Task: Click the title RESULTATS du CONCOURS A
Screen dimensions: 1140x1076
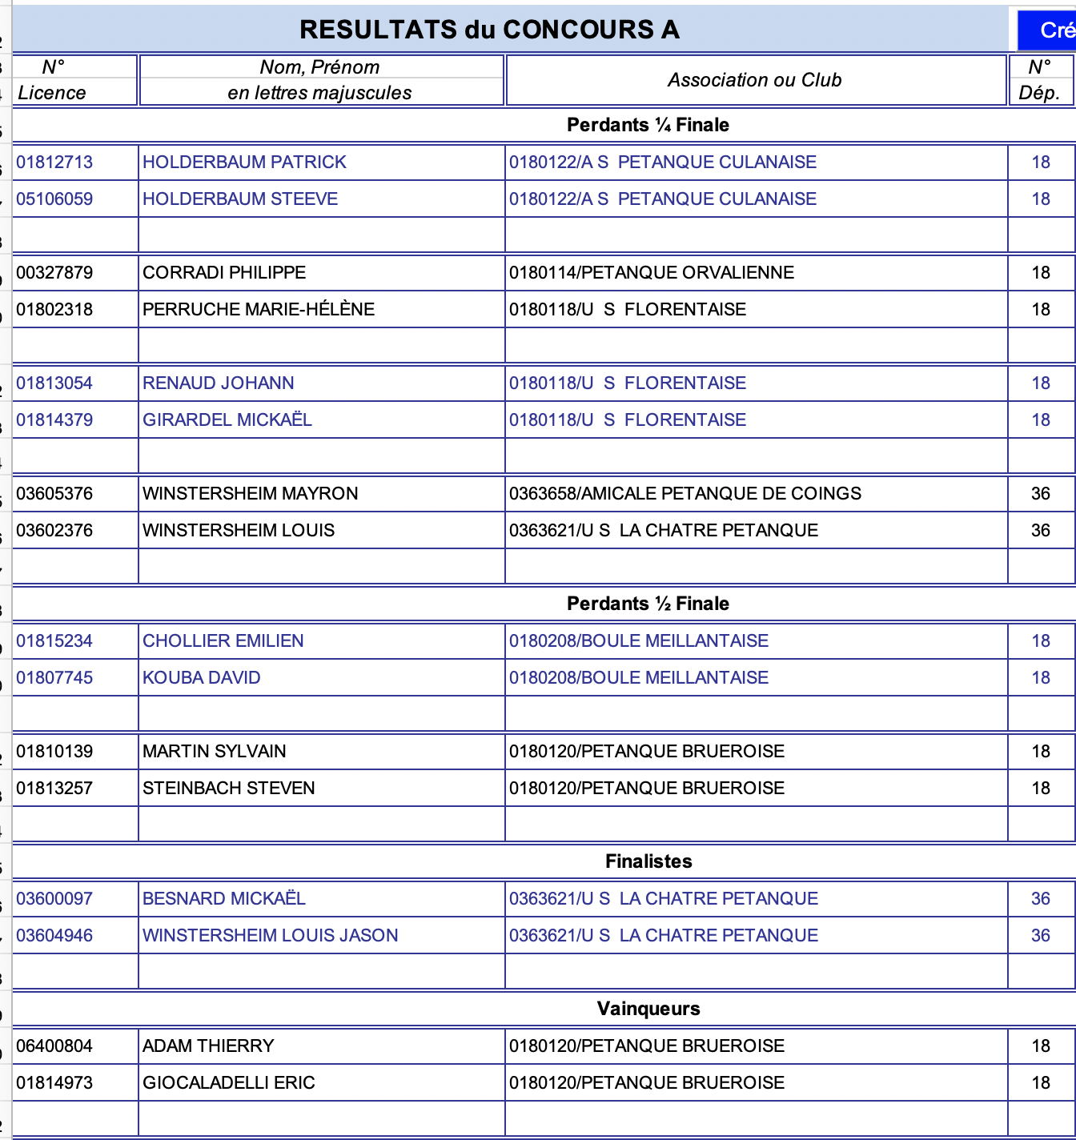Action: (489, 30)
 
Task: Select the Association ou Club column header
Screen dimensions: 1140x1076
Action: (754, 80)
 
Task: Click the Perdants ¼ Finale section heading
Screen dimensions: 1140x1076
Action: (648, 125)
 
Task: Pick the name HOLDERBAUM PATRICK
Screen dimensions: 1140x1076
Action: (244, 163)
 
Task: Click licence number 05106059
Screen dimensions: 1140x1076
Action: (54, 199)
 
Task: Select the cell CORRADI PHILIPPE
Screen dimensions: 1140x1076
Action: (224, 273)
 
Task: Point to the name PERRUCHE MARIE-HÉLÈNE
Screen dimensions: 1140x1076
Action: (259, 310)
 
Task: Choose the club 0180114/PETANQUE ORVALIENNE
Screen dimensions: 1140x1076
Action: (652, 273)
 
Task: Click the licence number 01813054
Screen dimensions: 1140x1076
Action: (54, 383)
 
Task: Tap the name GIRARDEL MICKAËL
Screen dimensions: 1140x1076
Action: (227, 420)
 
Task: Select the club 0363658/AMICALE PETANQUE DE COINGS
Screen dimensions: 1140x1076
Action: (685, 494)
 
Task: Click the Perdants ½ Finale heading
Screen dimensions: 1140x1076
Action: (648, 604)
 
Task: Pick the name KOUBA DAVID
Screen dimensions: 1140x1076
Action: (202, 678)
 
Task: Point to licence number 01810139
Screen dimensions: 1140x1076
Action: (54, 752)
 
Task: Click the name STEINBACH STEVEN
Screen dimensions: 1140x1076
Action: (229, 789)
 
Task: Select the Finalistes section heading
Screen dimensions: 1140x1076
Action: (648, 861)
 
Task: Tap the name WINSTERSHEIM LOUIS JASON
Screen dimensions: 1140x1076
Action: (271, 936)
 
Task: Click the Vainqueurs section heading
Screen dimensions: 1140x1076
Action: (648, 1009)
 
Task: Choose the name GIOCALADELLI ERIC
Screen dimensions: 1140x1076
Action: (229, 1083)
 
